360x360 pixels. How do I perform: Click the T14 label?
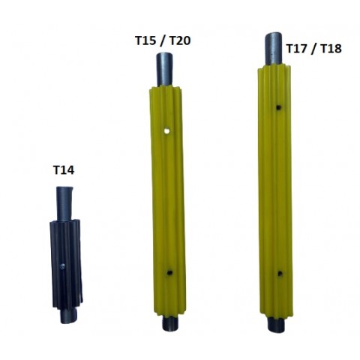pos(64,170)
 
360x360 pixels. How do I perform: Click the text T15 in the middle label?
pos(145,40)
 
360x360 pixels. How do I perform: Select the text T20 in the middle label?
pos(180,40)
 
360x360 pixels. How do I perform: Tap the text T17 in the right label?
pos(296,48)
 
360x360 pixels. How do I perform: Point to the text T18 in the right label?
pos(331,48)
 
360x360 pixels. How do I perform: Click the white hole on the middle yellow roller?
pos(166,130)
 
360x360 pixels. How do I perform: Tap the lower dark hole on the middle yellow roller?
pos(170,272)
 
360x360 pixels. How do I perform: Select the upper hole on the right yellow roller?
pos(279,107)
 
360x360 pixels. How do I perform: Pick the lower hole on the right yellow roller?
pos(280,273)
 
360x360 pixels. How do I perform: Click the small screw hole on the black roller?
pos(63,266)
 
